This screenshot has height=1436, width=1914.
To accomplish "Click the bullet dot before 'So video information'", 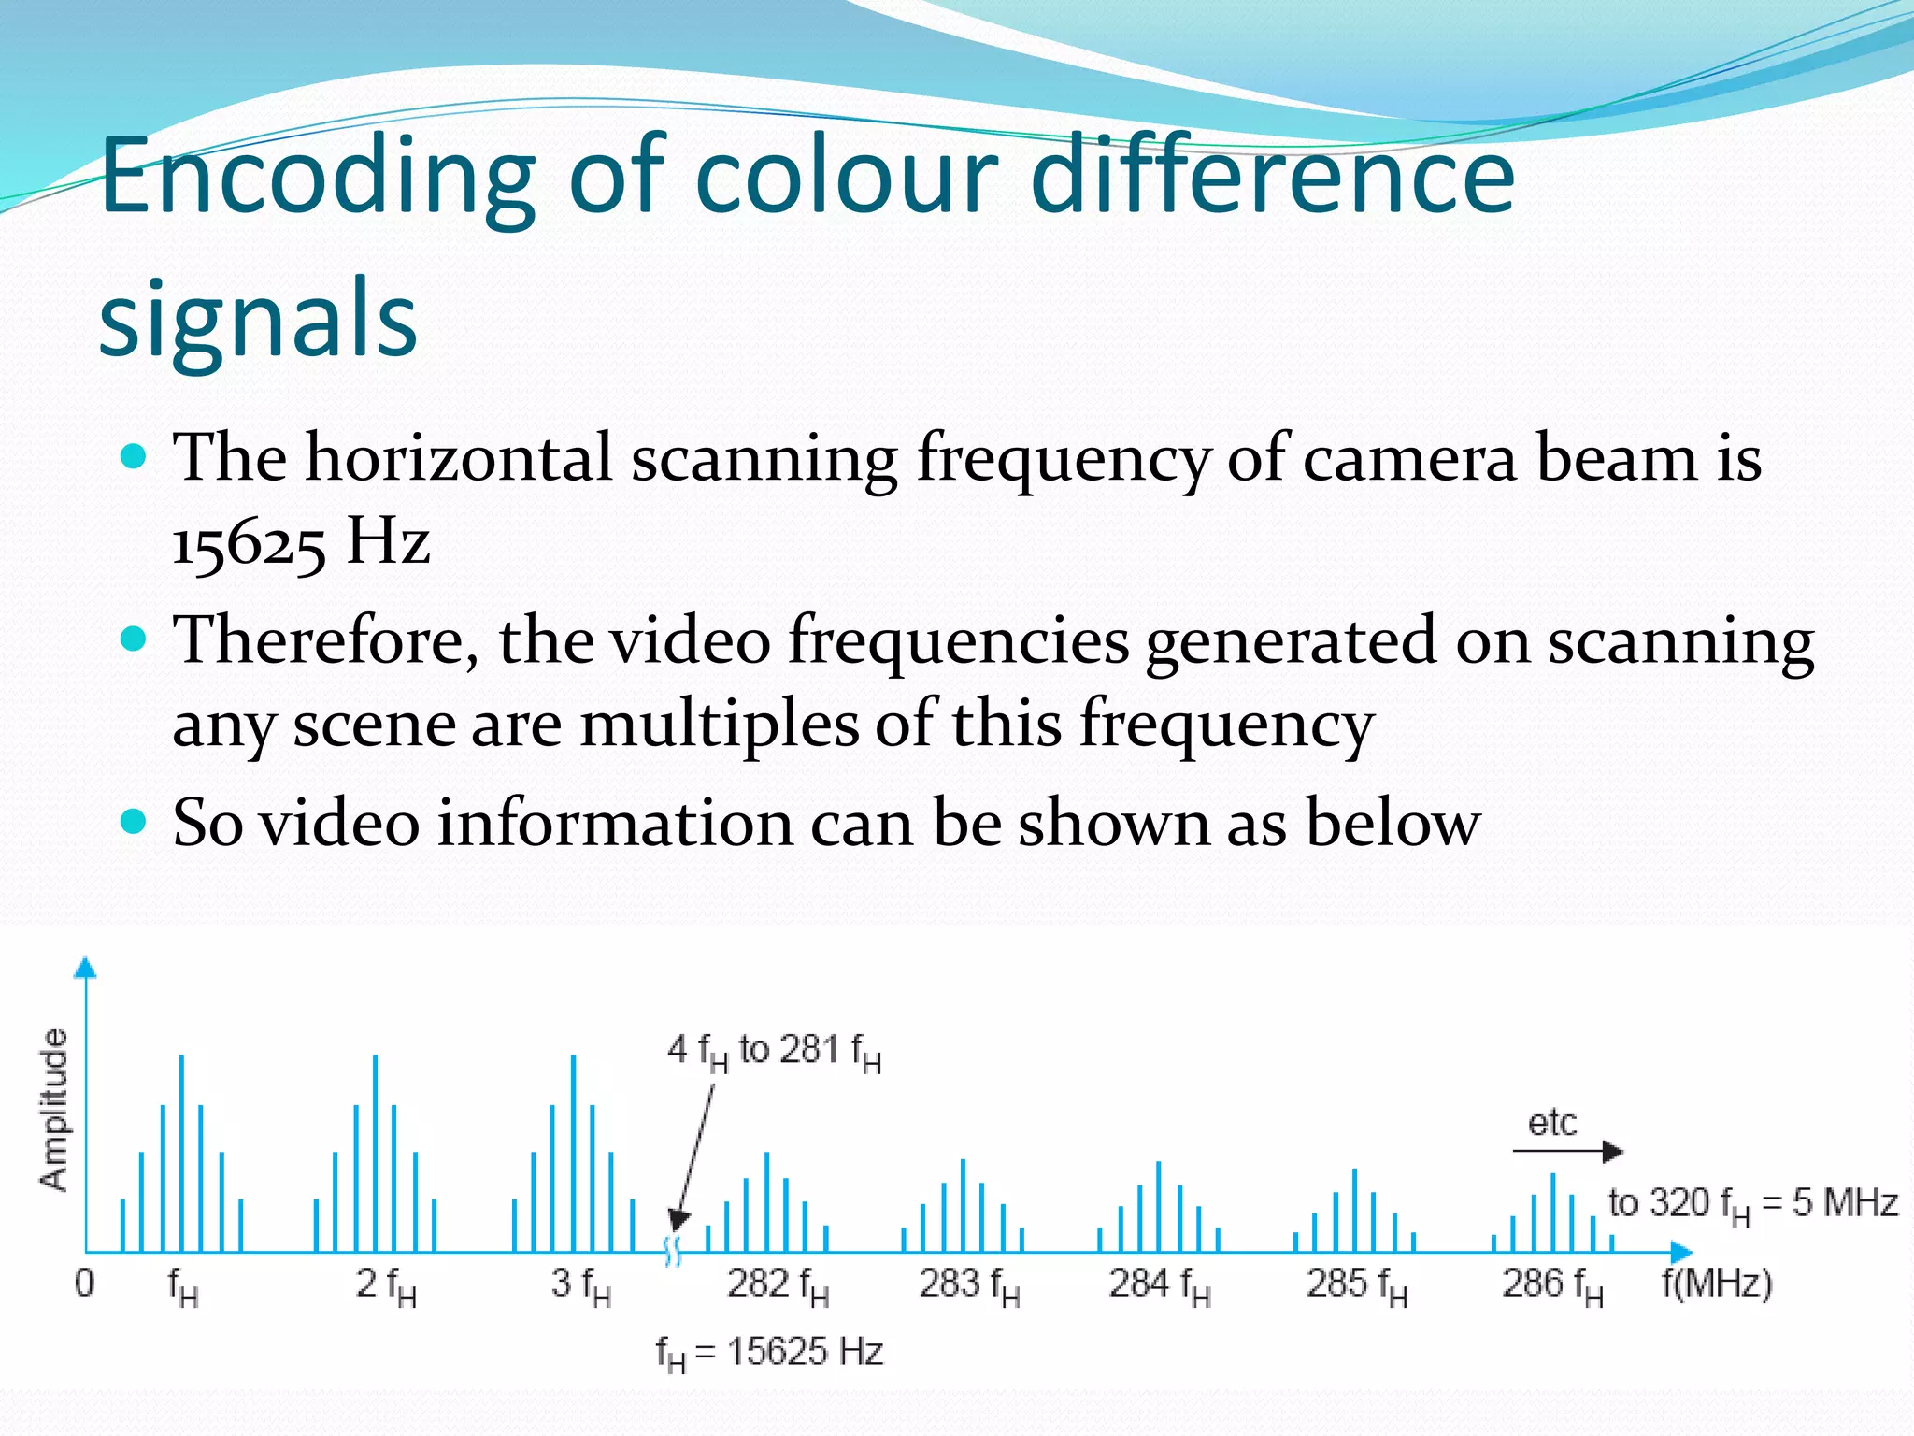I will click(x=135, y=822).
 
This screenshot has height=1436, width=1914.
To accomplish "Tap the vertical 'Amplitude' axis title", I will click(x=54, y=1109).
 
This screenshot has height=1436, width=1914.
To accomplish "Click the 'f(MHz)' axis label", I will click(x=1717, y=1283).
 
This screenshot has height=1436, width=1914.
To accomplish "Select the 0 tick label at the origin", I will click(x=84, y=1283).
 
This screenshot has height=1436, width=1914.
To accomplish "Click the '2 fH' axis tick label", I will click(x=385, y=1285).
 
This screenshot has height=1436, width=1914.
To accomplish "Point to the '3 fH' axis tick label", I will click(x=580, y=1285).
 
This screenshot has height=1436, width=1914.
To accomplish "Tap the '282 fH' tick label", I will click(x=778, y=1285).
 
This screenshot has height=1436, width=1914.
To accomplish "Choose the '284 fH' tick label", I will click(x=1160, y=1285).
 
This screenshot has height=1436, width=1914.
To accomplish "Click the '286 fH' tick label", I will click(x=1552, y=1285).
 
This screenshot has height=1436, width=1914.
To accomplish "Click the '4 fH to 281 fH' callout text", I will click(x=774, y=1053).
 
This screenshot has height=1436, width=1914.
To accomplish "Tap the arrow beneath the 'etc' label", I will click(x=1567, y=1152).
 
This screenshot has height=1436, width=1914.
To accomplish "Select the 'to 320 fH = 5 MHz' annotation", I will click(x=1752, y=1204).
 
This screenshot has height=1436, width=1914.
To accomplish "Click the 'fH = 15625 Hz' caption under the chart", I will click(x=769, y=1353).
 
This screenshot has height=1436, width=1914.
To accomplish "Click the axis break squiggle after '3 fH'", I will click(x=672, y=1251).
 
